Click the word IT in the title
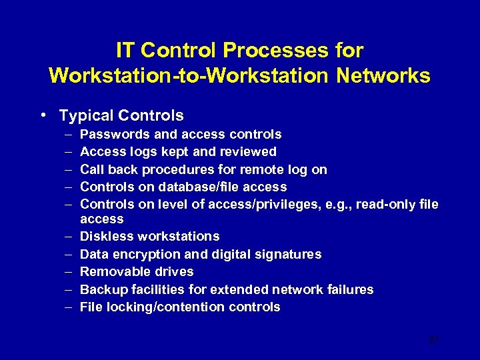(x=124, y=51)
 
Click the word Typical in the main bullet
(x=84, y=116)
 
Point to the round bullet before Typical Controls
(x=43, y=115)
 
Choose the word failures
(x=349, y=289)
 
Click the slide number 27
(x=434, y=340)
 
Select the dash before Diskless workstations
(x=69, y=237)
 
